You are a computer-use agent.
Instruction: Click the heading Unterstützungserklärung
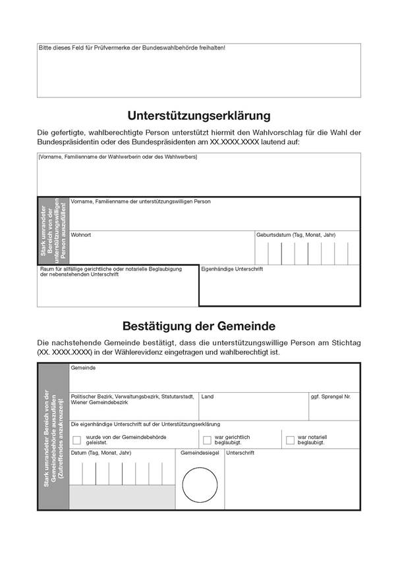point(198,116)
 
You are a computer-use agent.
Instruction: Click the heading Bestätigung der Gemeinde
point(198,326)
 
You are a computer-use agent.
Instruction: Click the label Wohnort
point(82,234)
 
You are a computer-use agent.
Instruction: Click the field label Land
point(208,397)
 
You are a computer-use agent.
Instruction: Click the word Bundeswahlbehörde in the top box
point(159,48)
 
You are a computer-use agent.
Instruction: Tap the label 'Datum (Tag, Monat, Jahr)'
point(101,453)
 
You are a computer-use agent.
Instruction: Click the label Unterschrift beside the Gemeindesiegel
point(241,453)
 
